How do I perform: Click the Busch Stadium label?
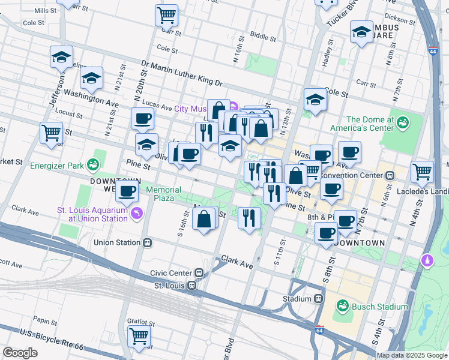coord(379,307)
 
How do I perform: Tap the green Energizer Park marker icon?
coord(92,164)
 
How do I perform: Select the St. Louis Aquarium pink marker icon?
coord(139,214)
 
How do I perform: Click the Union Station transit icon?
coord(146,243)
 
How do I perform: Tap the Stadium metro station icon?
coord(319,298)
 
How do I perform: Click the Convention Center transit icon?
coord(390,176)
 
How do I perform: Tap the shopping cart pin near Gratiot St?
coord(139,337)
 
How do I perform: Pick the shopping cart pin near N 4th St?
coord(423,172)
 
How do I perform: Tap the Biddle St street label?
coord(263,37)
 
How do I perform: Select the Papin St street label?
coord(45,320)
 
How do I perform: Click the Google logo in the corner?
coord(20,353)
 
